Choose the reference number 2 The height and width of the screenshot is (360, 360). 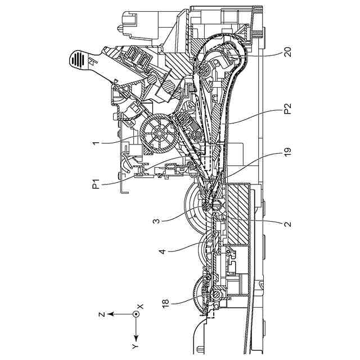287,223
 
